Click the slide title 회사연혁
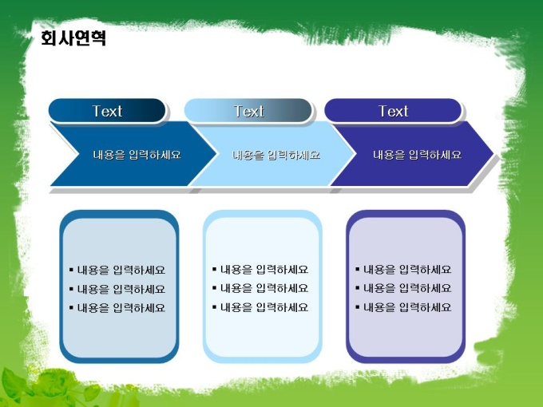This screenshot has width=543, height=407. coord(73,38)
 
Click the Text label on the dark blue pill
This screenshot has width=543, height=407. coord(107,111)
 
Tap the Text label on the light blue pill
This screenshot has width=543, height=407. coord(248,111)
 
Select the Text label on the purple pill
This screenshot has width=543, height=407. coord(393,111)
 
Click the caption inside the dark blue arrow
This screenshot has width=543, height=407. coord(137,154)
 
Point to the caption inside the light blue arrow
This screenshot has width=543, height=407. coord(275,154)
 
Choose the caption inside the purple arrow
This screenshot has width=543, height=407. coord(417,154)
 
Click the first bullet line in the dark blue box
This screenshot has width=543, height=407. coord(117,270)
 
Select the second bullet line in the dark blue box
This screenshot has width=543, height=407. coord(117,289)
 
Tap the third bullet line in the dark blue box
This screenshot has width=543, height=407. coord(117,308)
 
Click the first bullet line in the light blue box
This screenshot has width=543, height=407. coord(260,269)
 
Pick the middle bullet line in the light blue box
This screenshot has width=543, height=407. coord(260,288)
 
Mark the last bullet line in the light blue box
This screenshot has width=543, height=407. coord(260,307)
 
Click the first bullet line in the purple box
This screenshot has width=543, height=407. coord(403,269)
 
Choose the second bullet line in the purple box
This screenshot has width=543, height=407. coord(403,288)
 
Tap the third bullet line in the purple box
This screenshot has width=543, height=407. coord(403,307)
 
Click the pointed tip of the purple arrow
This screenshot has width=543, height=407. coord(493,153)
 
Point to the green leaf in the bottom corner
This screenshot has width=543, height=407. coord(14,384)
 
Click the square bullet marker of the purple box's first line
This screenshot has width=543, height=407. coord(358,269)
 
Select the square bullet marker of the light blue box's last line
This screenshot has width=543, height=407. coord(214,306)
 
